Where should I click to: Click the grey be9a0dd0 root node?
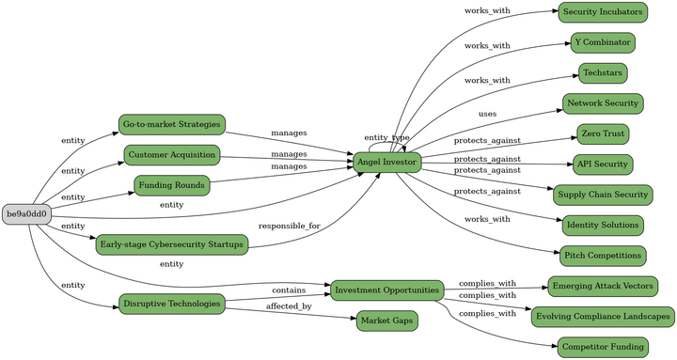pos(27,214)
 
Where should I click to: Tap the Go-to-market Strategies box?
pos(171,124)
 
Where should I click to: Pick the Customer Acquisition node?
pos(172,154)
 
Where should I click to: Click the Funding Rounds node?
pos(171,185)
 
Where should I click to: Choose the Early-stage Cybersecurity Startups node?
pos(171,244)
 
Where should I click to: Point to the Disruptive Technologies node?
pos(171,304)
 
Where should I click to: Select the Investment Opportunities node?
pos(386,289)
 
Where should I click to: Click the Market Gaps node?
pos(386,321)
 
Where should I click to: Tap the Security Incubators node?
pos(603,12)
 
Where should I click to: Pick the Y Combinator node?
pos(603,42)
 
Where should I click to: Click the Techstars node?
pos(603,72)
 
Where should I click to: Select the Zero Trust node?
pos(603,133)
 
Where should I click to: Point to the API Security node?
pos(603,164)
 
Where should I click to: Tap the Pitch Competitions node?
pos(603,255)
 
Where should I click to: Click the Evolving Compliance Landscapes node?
pos(603,316)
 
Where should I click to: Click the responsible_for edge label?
pos(289,227)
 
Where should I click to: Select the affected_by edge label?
pos(289,306)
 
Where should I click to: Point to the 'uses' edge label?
pos(487,114)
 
